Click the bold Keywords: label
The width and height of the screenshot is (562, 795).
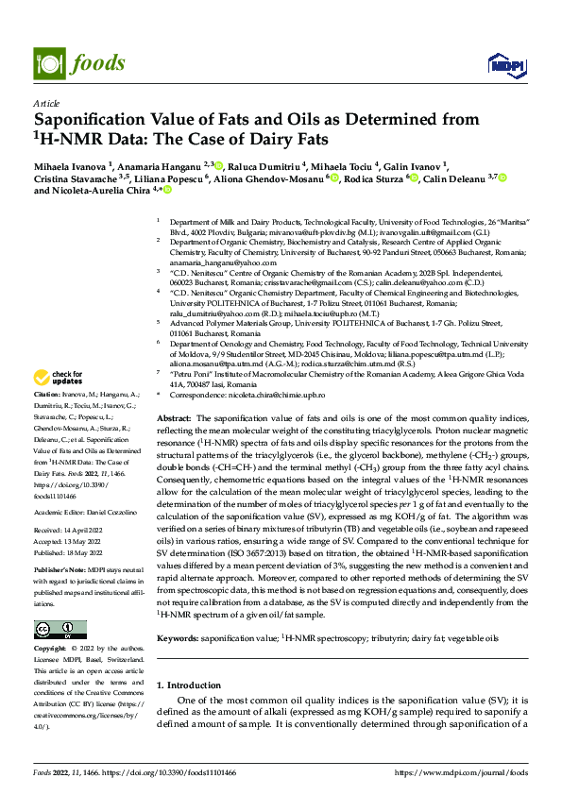[x=178, y=638]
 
